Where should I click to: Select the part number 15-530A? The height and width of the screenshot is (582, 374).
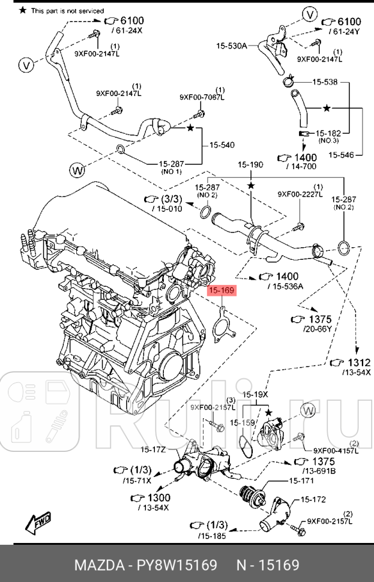pos(231,45)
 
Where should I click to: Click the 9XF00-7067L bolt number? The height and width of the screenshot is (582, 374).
pos(202,97)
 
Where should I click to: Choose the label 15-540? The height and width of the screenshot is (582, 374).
pos(222,145)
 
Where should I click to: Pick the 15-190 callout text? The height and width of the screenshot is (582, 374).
pos(250,164)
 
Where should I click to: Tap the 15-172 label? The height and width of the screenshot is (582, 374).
pos(313,499)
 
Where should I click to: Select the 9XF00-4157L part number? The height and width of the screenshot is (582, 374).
pos(336,451)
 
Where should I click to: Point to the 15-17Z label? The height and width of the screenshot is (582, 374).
pos(154,449)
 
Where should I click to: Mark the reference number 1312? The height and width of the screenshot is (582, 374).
pos(359,362)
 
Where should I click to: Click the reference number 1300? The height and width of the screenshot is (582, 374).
pos(158,497)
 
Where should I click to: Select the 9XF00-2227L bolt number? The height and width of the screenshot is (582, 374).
pos(300,194)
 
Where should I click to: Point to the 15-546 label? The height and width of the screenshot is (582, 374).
pos(341,154)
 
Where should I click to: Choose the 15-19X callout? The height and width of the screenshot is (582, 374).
pos(255,394)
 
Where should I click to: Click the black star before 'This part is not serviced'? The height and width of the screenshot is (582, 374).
pos(23,11)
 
